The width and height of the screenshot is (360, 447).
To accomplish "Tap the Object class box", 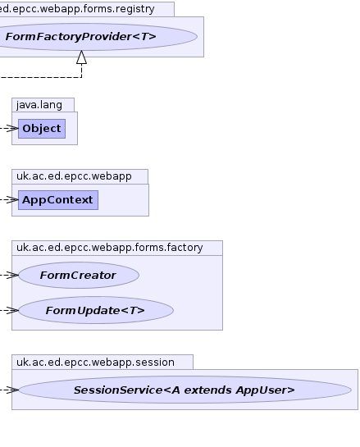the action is pyautogui.click(x=42, y=129).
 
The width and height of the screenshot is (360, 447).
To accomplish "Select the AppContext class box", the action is pyautogui.click(x=58, y=200).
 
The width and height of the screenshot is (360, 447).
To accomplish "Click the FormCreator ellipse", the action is pyautogui.click(x=79, y=275).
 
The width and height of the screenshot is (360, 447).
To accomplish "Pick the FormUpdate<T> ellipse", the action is pyautogui.click(x=96, y=310).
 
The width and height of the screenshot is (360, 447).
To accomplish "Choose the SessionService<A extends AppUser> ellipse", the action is pyautogui.click(x=185, y=390).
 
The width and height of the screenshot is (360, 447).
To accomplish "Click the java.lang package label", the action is pyautogui.click(x=39, y=105).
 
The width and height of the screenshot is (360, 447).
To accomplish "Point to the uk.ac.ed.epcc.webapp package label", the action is pyautogui.click(x=74, y=176).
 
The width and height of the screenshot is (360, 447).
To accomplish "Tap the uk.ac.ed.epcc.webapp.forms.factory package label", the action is pyautogui.click(x=110, y=248).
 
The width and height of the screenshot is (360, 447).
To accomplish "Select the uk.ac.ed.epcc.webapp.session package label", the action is pyautogui.click(x=95, y=363).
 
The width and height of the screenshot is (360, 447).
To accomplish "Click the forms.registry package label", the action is pyautogui.click(x=77, y=9).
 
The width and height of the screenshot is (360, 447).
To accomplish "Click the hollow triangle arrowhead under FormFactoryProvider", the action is pyautogui.click(x=82, y=57).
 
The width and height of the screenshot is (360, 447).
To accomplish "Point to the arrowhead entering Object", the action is pyautogui.click(x=12, y=129).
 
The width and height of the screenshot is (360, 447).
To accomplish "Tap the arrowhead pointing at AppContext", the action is pyautogui.click(x=12, y=200).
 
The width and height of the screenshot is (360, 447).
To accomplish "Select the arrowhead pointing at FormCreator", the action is pyautogui.click(x=12, y=275).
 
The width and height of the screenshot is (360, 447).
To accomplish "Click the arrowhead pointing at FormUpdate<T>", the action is pyautogui.click(x=12, y=310).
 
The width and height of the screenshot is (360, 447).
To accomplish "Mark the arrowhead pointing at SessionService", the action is pyautogui.click(x=12, y=390).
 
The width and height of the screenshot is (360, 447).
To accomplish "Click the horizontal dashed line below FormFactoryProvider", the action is pyautogui.click(x=41, y=77).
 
